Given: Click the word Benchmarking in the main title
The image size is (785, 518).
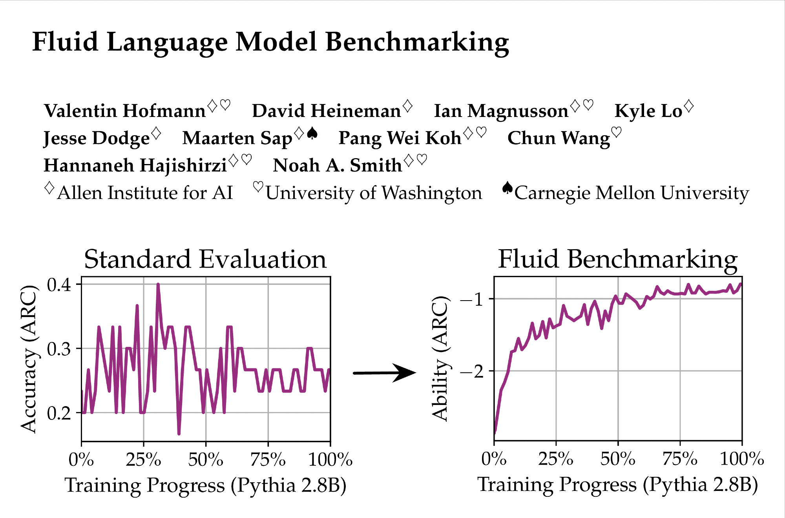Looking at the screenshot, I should pos(417,42).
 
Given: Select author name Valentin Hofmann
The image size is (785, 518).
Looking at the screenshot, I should pos(125,111).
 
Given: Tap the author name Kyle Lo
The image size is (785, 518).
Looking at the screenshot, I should pos(648,111).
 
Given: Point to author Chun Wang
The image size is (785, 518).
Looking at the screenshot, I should pos(559,138).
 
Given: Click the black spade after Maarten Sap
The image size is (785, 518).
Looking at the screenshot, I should pos(312,134).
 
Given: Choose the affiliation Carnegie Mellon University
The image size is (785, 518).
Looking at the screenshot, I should pos(632,193).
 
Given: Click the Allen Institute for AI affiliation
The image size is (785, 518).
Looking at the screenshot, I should pos(145,193).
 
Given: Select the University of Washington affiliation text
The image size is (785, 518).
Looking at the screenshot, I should pos(374,193).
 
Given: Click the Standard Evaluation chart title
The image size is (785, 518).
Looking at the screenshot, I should pos(205,259).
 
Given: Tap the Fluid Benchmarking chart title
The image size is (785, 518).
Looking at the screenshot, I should pos(618,259).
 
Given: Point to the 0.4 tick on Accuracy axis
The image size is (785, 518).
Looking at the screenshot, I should pos(59,285).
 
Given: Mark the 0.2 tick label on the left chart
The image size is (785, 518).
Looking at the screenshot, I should pos(59,413).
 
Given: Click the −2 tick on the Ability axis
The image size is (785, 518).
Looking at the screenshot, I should pos(473,371).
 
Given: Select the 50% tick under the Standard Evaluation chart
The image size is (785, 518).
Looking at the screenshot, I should pos(206,460).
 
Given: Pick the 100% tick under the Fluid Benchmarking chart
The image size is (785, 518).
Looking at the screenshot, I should pos(741,459).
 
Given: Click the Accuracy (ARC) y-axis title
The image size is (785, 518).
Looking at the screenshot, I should pos(29,359).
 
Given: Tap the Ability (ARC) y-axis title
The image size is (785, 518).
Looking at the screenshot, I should pos(440,358).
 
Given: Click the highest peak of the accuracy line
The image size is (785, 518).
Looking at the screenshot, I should pos(158,284).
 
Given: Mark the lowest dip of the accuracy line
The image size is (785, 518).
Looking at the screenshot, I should pos(179,434).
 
